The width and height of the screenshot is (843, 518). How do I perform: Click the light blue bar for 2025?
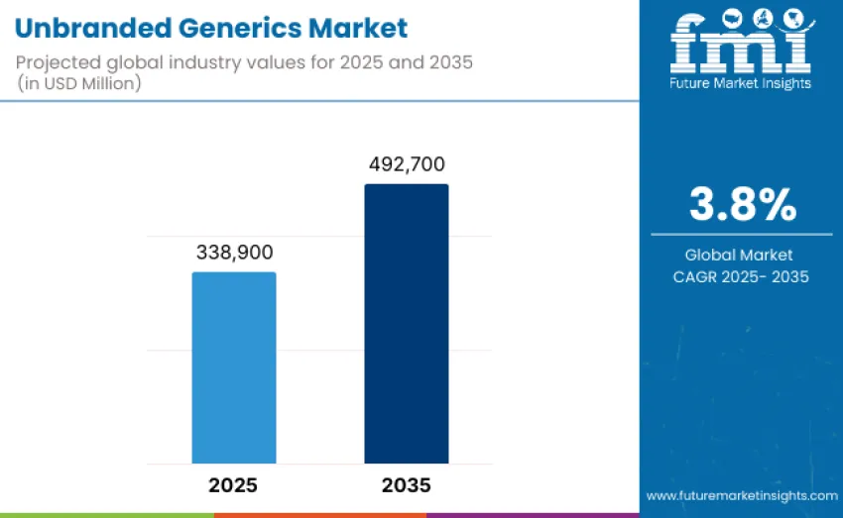[x=234, y=367]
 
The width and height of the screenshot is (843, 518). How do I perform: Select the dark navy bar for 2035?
[x=406, y=324]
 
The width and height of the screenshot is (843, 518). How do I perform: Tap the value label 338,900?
[x=234, y=253]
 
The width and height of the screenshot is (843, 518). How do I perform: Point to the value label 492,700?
[x=406, y=164]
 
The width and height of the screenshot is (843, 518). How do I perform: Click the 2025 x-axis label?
[x=234, y=485]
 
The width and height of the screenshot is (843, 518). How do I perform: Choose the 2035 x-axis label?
[x=406, y=485]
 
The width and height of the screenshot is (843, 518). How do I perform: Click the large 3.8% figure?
[x=742, y=205]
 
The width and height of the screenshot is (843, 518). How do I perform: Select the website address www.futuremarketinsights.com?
[x=741, y=494]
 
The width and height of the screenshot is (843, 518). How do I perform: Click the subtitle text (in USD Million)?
[x=79, y=83]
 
